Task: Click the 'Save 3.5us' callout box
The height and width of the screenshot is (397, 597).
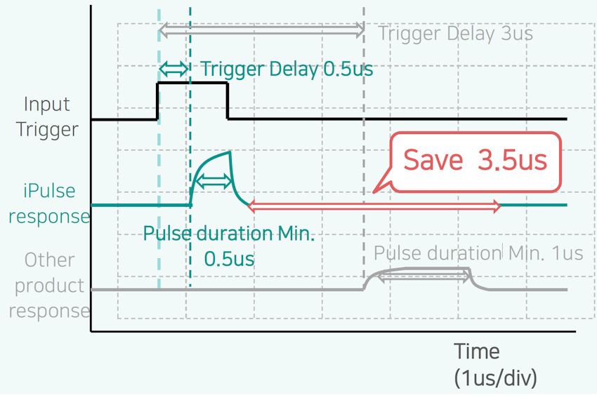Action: coord(476,162)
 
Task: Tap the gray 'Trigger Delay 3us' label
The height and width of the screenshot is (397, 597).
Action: coord(455,34)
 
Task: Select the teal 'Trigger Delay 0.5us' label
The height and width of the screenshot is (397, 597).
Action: coord(287,69)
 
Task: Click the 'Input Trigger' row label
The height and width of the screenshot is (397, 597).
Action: coord(47,116)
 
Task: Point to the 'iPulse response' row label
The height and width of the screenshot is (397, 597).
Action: coord(49,203)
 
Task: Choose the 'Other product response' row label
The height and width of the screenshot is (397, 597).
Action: coord(49,285)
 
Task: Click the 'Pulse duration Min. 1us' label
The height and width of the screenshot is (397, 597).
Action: coord(478,253)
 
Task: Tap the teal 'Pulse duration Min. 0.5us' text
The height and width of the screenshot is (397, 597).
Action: coord(229,246)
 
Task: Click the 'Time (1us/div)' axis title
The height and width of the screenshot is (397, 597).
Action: coord(495,364)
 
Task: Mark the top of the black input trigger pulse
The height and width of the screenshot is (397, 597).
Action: coord(192,83)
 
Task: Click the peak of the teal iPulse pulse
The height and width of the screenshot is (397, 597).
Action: coord(230,152)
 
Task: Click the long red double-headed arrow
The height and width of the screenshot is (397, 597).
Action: coord(374,206)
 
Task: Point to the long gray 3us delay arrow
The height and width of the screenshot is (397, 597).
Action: coord(261,30)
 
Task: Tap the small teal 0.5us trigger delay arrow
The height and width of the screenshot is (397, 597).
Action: coord(173,69)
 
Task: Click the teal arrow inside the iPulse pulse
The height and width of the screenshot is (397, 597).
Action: coord(214,182)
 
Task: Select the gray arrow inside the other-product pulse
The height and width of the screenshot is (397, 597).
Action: coord(424,276)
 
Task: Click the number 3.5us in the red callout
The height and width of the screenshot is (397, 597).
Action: coord(513,160)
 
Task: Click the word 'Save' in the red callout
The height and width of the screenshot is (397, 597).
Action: coord(433,160)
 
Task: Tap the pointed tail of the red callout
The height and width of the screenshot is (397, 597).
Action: coord(373,192)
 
